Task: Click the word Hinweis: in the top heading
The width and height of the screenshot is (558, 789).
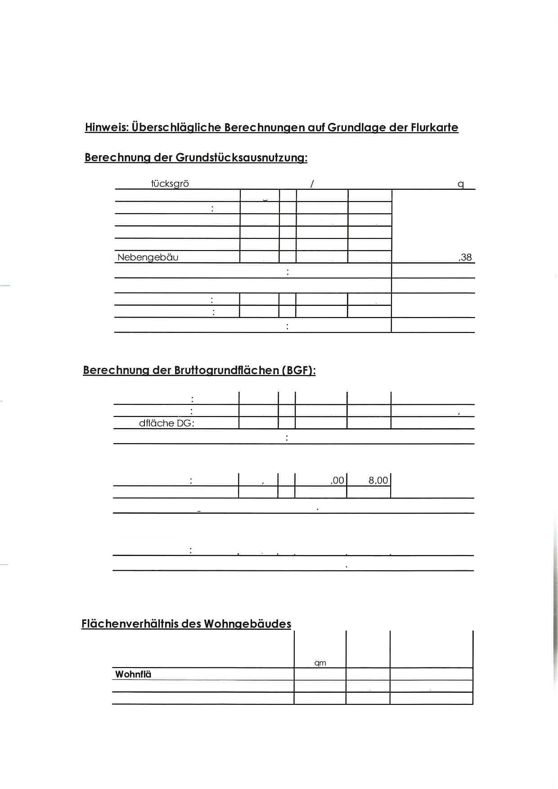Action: click(107, 127)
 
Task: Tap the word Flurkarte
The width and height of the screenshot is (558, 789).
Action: click(434, 127)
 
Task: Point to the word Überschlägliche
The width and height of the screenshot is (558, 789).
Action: click(177, 127)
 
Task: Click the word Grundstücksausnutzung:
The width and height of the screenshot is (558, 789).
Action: click(241, 157)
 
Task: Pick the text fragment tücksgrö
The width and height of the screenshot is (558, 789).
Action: click(170, 184)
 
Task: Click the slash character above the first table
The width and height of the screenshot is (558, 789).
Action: click(312, 184)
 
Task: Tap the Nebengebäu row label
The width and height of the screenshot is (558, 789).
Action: click(148, 257)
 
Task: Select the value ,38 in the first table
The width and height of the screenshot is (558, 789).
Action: click(465, 257)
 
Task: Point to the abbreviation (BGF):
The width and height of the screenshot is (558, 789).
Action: click(299, 370)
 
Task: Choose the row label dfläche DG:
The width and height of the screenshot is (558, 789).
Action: click(166, 423)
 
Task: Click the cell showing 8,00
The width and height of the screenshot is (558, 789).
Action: click(378, 480)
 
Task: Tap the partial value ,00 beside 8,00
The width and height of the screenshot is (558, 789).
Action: click(337, 480)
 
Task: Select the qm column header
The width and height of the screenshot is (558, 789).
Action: click(320, 663)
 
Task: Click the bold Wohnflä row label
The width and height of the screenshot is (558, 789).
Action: click(133, 674)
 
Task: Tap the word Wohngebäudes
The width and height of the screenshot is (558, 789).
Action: click(247, 624)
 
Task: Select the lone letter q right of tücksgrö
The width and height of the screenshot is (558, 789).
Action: click(460, 184)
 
